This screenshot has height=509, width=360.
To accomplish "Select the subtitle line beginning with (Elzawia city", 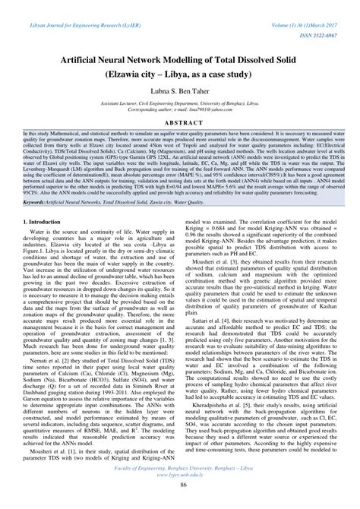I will pos(180,70).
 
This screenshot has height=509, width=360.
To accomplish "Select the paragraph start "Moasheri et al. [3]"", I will pos(212,260).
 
